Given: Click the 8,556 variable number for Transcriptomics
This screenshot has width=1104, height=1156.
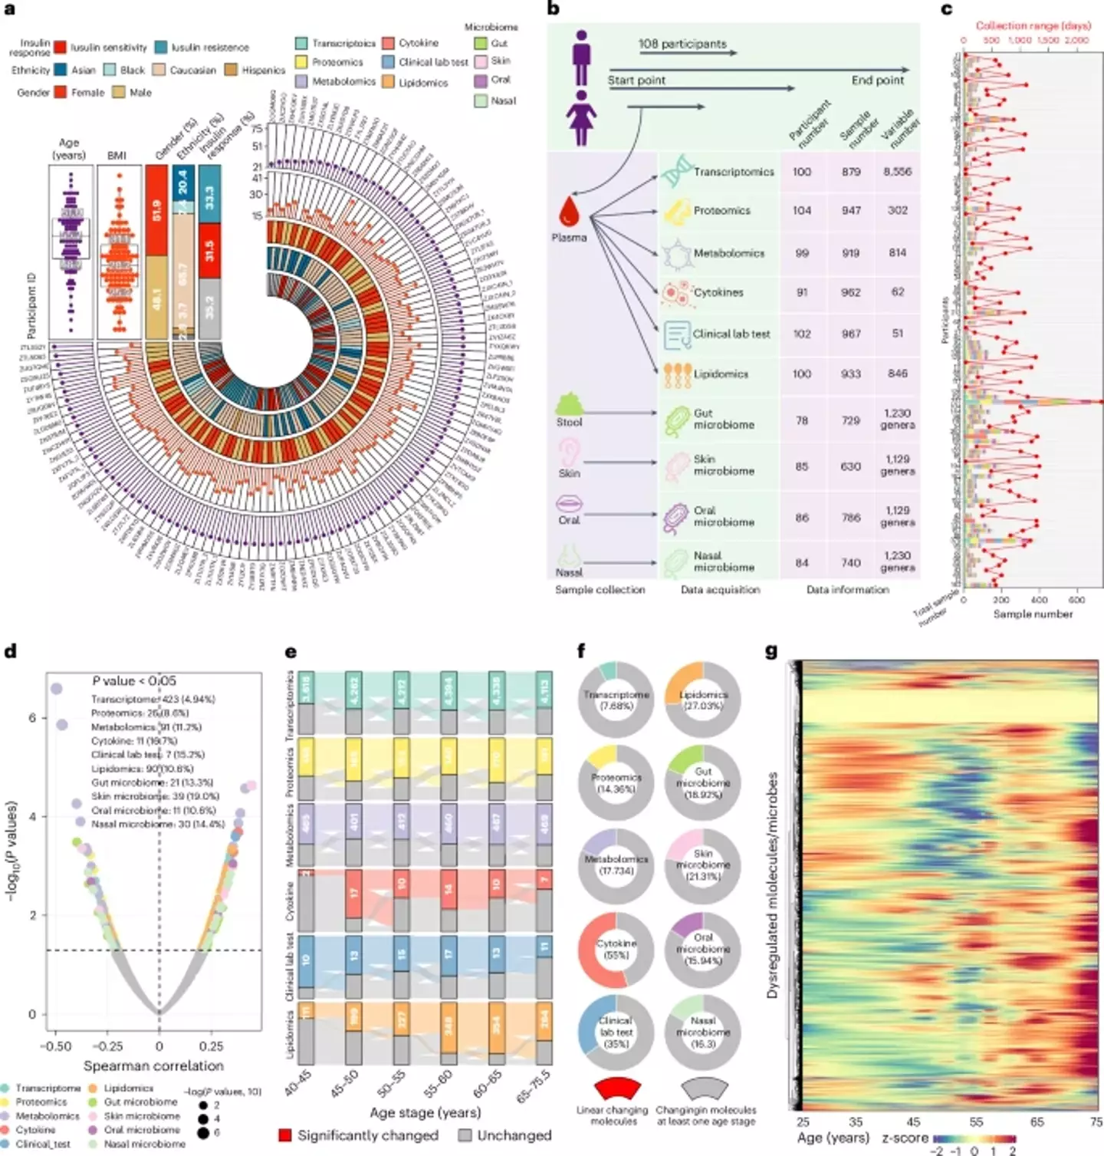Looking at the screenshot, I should pyautogui.click(x=897, y=172).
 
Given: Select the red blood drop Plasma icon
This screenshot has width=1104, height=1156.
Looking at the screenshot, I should pyautogui.click(x=569, y=211).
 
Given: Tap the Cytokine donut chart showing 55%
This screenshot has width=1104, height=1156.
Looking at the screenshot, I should pyautogui.click(x=616, y=949).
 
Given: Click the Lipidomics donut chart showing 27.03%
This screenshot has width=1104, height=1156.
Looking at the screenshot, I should pyautogui.click(x=702, y=700).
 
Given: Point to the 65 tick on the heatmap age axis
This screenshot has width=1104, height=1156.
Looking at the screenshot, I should pyautogui.click(x=1037, y=1121).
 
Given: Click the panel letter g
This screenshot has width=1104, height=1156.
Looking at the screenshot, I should pyautogui.click(x=771, y=651).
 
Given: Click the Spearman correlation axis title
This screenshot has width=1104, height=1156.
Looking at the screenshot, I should pyautogui.click(x=153, y=1065).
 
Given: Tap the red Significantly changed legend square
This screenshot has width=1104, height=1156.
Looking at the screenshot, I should pyautogui.click(x=285, y=1135).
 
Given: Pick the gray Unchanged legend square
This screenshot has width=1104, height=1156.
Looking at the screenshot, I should pyautogui.click(x=465, y=1135).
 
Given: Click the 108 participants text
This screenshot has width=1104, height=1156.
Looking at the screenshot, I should pyautogui.click(x=682, y=44).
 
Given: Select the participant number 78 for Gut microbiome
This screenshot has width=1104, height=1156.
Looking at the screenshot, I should pyautogui.click(x=801, y=420).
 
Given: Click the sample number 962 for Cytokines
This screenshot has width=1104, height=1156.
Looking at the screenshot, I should pyautogui.click(x=851, y=292).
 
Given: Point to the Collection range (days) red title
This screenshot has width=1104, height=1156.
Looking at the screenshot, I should pyautogui.click(x=1033, y=25).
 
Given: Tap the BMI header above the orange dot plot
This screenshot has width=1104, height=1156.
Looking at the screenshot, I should pyautogui.click(x=117, y=155).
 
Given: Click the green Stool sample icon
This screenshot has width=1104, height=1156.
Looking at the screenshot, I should pyautogui.click(x=569, y=403).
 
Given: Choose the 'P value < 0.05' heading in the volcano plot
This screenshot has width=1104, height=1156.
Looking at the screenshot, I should pyautogui.click(x=134, y=680).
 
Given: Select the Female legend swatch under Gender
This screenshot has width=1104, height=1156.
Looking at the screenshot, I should pyautogui.click(x=60, y=92).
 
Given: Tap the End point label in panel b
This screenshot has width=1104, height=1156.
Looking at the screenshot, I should pyautogui.click(x=877, y=80).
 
